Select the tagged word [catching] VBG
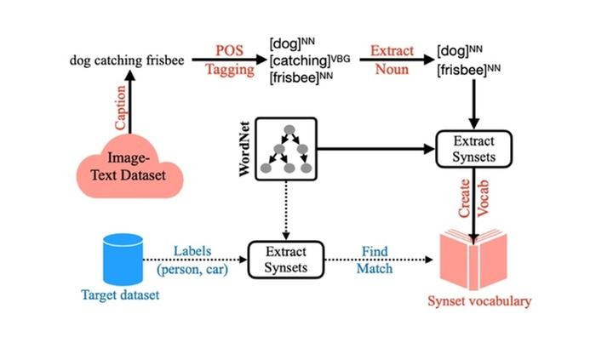[304, 61]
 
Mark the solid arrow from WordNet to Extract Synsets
[375, 149]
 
